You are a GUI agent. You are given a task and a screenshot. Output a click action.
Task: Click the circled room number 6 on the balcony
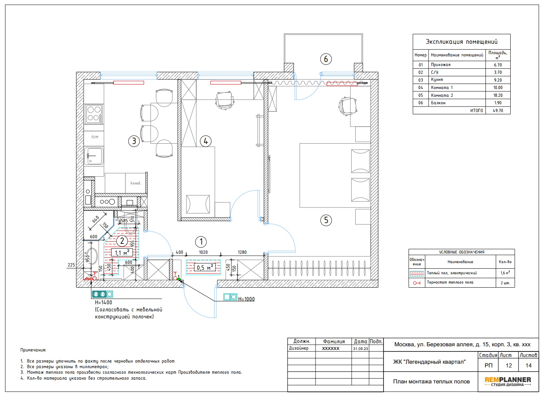point(326,59)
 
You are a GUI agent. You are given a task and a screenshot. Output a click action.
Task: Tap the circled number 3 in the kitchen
point(134,141)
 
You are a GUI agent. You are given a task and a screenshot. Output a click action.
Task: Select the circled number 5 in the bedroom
point(326,220)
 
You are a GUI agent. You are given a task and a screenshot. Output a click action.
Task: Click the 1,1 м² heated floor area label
point(122,253)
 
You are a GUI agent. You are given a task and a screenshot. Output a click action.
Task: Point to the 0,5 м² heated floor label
point(204,268)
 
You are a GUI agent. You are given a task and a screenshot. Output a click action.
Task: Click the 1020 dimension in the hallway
point(203,252)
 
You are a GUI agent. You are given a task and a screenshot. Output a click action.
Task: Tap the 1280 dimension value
point(242,252)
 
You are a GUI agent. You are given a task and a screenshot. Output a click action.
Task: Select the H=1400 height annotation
point(104,302)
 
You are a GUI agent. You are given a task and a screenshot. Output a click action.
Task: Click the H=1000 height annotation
point(246,299)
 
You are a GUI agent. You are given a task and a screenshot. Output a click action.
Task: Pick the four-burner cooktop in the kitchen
point(94,114)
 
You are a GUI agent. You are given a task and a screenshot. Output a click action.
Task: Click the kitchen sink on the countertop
point(94,156)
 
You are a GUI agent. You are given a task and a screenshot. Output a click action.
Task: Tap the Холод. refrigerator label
point(136,183)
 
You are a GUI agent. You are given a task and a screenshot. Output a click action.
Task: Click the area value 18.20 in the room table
point(498,95)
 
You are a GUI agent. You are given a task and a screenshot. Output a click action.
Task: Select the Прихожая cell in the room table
point(441,65)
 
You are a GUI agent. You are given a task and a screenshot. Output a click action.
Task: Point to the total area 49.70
point(498,111)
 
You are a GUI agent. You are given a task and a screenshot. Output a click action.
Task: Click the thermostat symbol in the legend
point(417,283)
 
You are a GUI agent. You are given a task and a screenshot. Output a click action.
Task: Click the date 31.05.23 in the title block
point(361,349)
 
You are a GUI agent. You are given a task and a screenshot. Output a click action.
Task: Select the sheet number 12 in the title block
point(508,366)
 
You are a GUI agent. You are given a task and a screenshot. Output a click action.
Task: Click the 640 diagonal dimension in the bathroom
point(96,219)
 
